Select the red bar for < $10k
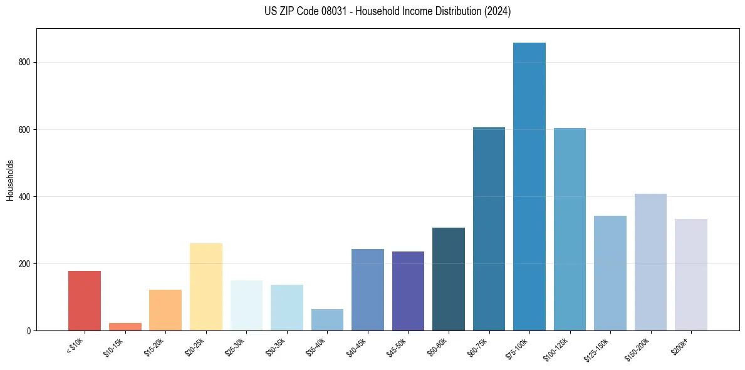coord(85,300)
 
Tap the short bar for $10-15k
coord(125,327)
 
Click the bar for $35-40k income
coord(327,320)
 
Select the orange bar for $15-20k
coord(165,310)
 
